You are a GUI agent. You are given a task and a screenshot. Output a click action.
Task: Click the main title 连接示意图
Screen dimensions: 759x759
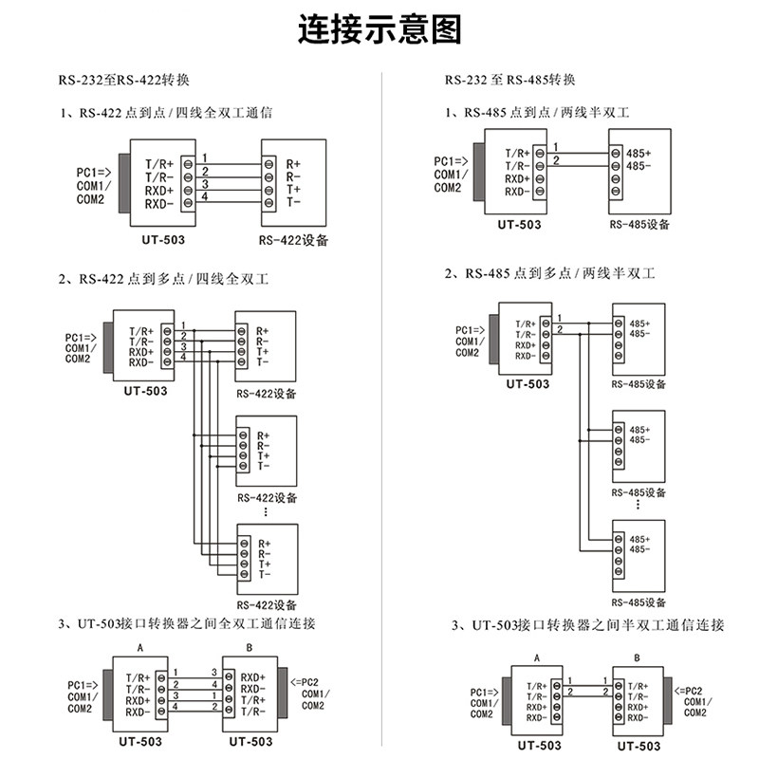tap(379, 30)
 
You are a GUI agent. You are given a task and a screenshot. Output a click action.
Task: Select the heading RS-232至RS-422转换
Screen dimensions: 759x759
tap(130, 80)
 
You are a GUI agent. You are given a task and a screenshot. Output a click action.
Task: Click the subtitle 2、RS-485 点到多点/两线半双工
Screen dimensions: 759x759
tap(550, 273)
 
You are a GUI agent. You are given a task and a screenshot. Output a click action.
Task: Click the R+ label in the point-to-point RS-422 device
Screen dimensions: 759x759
tap(293, 163)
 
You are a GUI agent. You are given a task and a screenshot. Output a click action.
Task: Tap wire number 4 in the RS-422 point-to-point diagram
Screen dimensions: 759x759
tap(205, 196)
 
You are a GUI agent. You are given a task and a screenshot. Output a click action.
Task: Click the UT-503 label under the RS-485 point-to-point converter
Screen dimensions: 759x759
tap(519, 225)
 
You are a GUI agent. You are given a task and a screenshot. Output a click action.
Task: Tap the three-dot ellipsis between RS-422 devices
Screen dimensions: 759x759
tap(267, 511)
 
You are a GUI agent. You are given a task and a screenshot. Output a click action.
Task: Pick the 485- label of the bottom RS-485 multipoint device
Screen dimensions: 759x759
tap(639, 548)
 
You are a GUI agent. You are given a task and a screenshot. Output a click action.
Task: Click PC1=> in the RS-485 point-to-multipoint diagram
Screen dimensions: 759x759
tap(472, 330)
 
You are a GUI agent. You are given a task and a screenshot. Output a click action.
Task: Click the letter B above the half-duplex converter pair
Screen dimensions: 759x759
tap(637, 657)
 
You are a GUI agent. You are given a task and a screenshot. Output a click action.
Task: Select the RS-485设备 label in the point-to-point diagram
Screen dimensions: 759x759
tap(639, 225)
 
